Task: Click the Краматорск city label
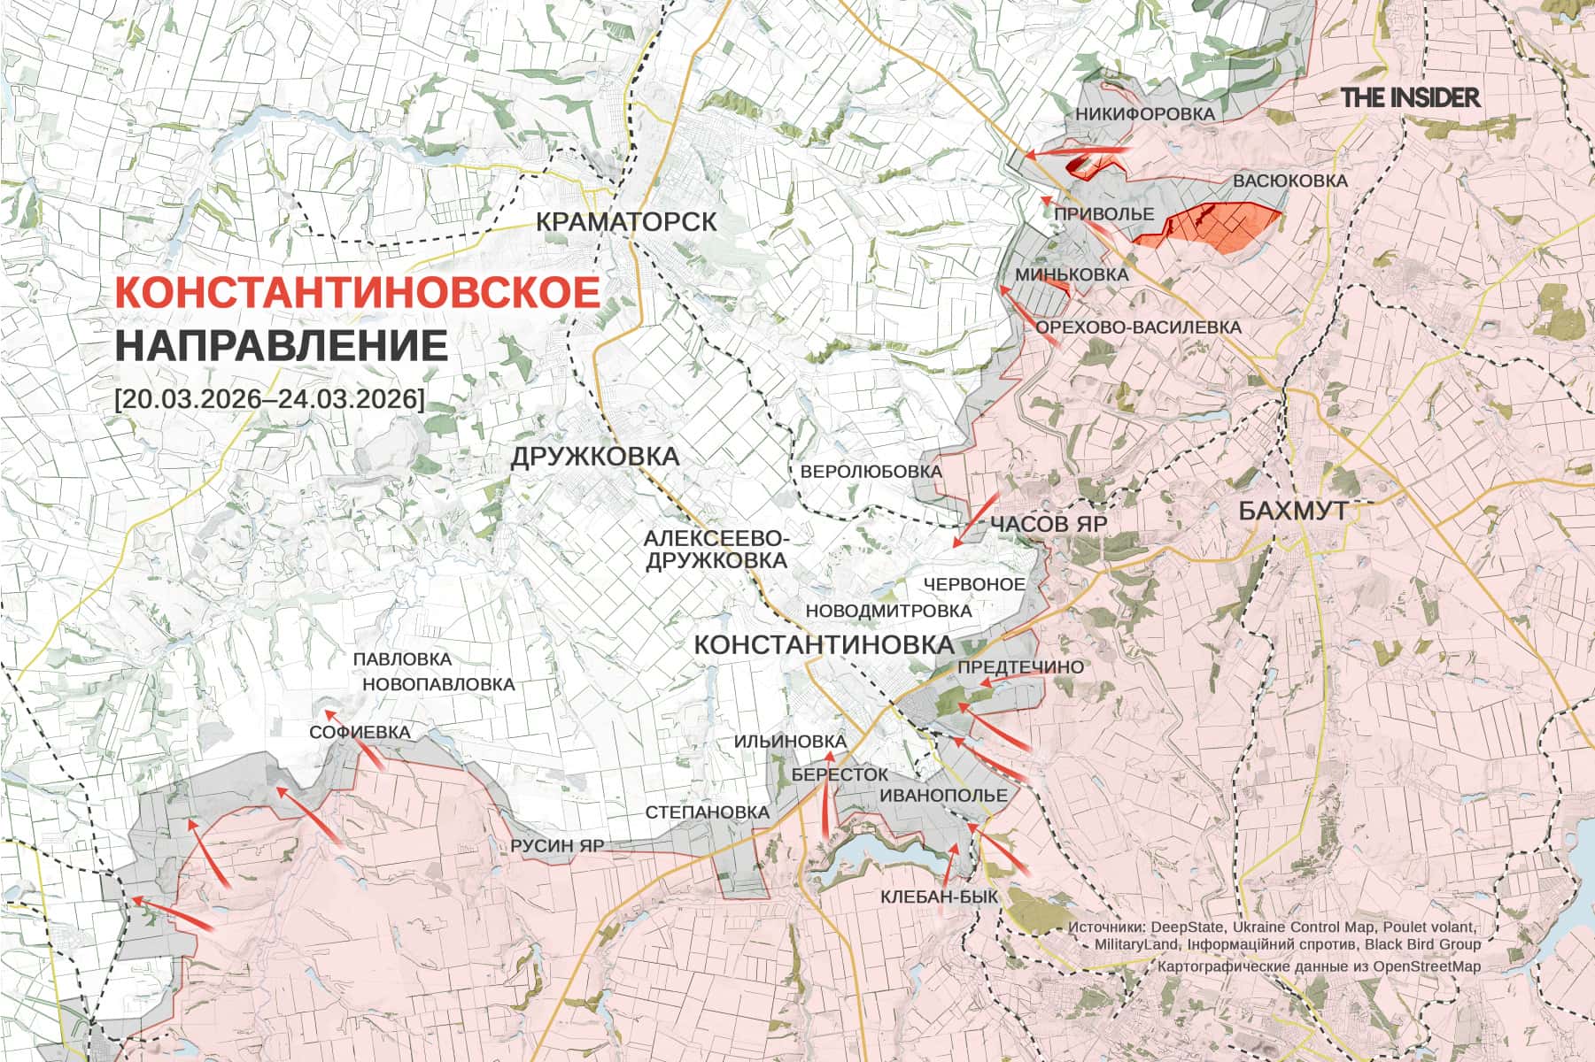coord(626,221)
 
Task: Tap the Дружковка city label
coord(594,457)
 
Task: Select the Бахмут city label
coord(1292,511)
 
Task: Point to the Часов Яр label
coord(1049,524)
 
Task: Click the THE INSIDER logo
coord(1410,97)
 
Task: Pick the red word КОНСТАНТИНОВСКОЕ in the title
coord(358,293)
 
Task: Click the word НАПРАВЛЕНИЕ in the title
coord(282,345)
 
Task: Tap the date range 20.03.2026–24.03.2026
coord(269,398)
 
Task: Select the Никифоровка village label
coord(1145,114)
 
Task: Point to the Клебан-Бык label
coord(939,897)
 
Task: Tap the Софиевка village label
coord(360,733)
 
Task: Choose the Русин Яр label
coord(557,845)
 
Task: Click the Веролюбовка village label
coord(871,472)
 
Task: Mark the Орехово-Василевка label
coord(1138,327)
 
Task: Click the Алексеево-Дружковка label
coord(716,550)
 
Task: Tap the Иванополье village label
coord(943,796)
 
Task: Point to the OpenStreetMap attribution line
coord(1318,966)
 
